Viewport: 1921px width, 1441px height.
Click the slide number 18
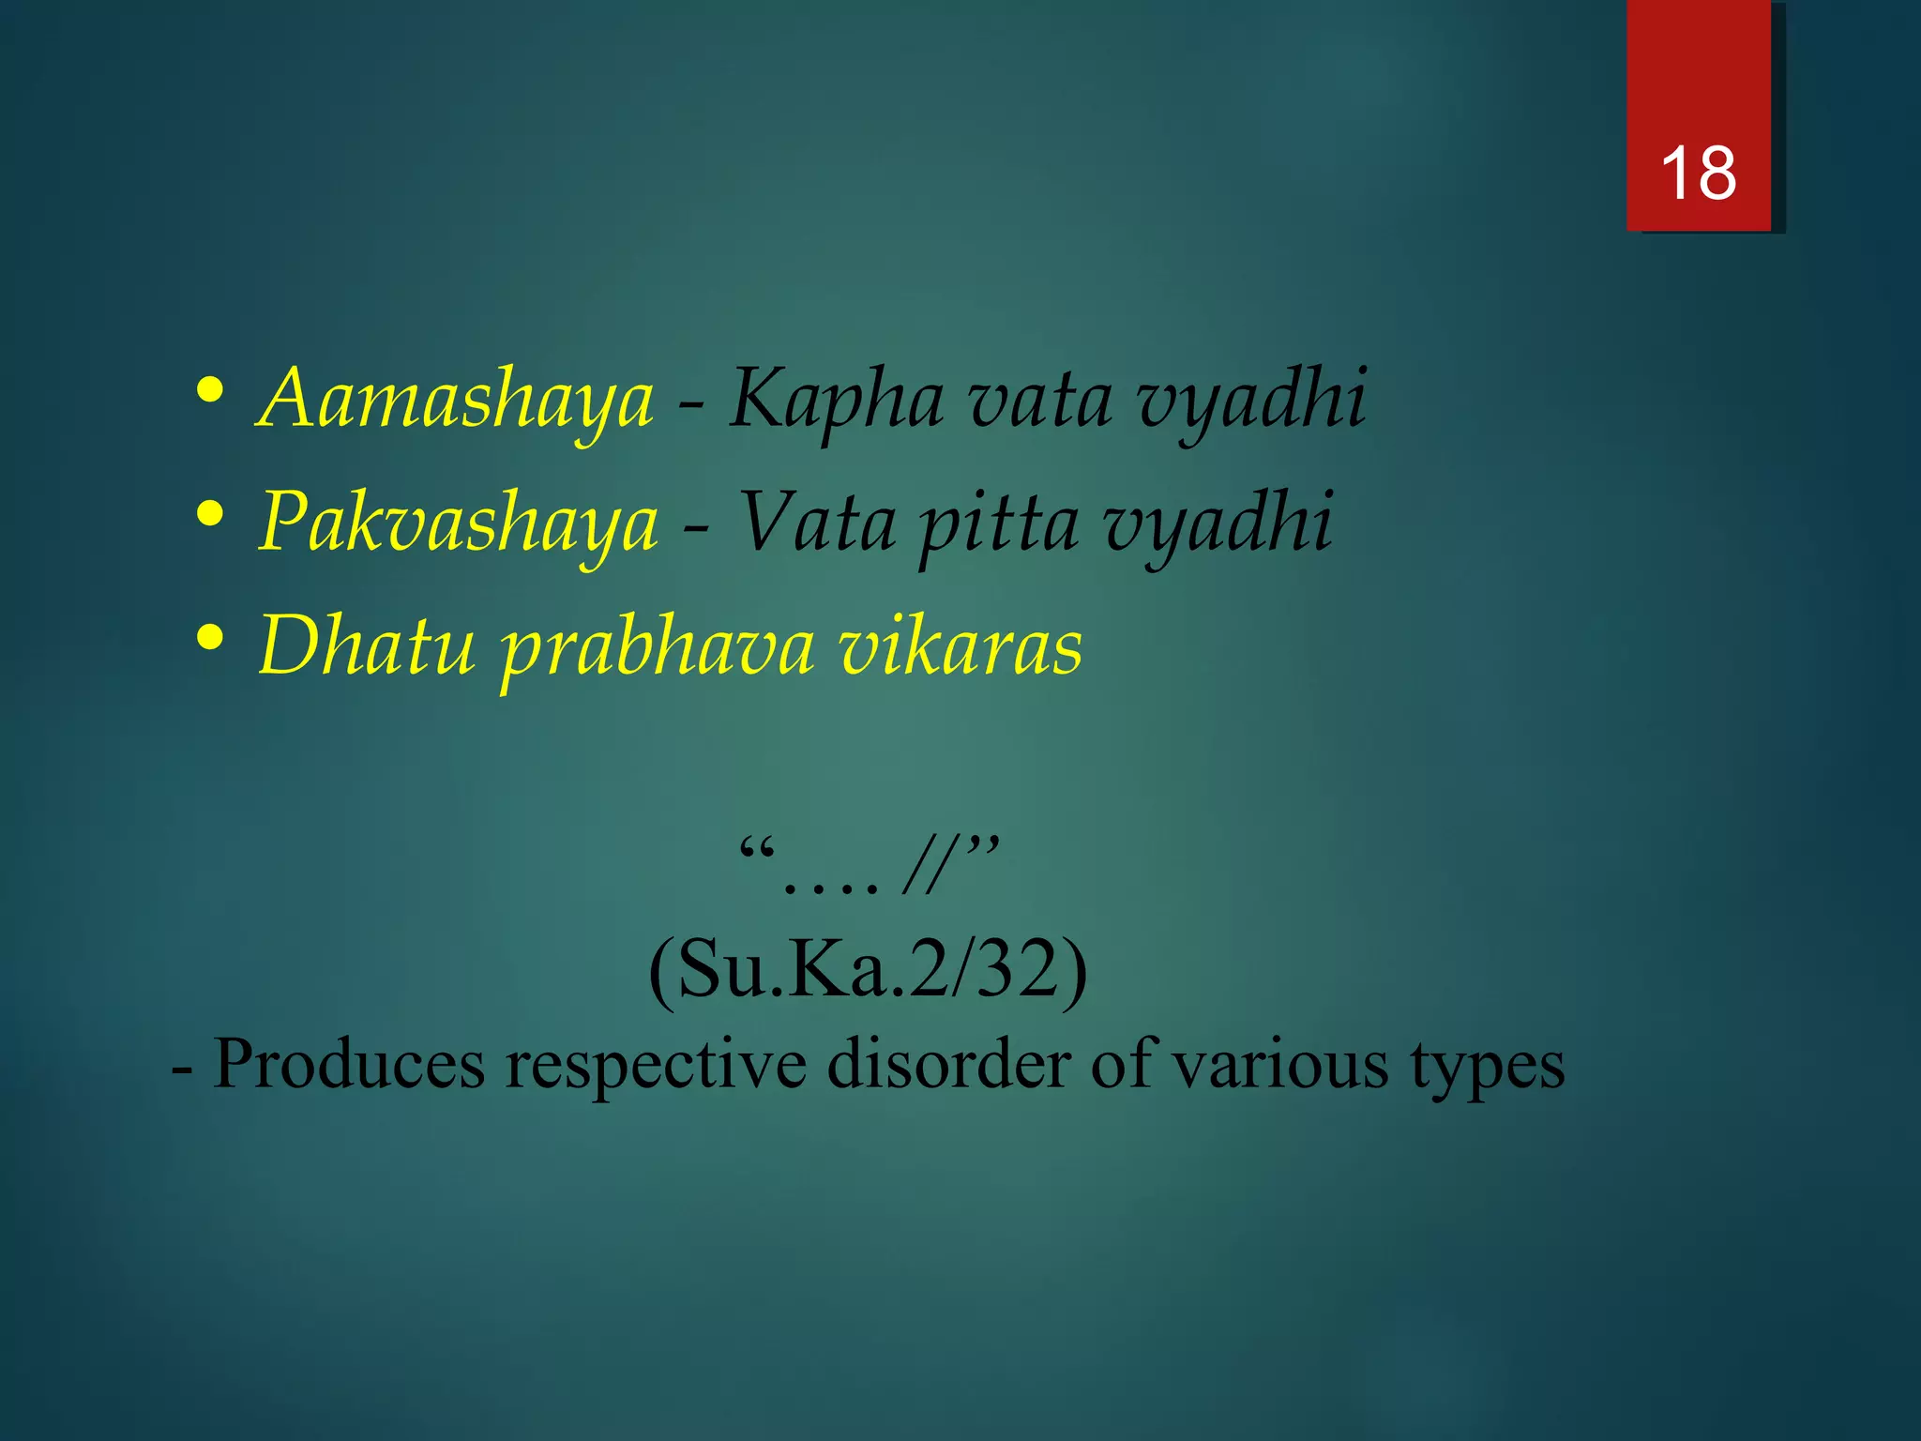tap(1698, 174)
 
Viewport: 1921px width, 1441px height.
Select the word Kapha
tap(837, 401)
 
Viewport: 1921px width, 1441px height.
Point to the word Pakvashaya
tap(459, 522)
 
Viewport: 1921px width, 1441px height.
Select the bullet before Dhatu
tap(210, 636)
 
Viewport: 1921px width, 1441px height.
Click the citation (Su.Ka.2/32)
tap(868, 972)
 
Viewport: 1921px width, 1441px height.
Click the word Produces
tap(349, 1064)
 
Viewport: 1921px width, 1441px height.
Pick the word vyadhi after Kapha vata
tap(1251, 401)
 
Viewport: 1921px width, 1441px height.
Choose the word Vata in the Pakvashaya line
tap(816, 522)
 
